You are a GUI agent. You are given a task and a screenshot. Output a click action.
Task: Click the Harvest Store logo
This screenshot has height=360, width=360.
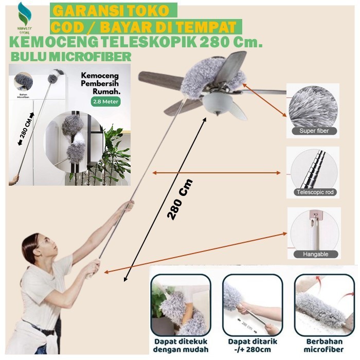tap(24, 17)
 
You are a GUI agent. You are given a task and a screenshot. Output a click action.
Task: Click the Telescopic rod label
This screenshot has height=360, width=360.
tap(314, 192)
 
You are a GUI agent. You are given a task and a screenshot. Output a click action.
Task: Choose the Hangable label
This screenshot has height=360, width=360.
tap(313, 254)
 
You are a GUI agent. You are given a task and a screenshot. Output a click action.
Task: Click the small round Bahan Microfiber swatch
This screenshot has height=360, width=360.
tap(24, 81)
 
